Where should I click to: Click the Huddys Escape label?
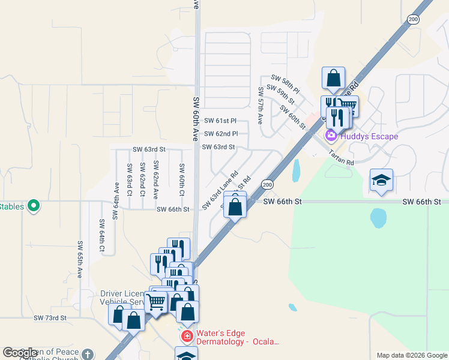coord(369,136)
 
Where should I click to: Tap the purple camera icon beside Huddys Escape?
coord(331,136)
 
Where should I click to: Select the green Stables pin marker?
coord(34,206)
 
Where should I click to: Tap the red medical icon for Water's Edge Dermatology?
coord(187,336)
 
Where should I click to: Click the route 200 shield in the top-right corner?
coord(414,19)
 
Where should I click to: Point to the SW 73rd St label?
coord(49,317)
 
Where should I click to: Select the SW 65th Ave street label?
coord(80,259)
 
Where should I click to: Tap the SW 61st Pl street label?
coord(221,121)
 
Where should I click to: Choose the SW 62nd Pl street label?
coord(221,134)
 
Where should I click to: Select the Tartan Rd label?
coord(342,158)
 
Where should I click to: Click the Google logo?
coord(20,353)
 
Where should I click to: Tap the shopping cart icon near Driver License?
coord(156,302)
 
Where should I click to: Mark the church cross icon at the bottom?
coord(88,355)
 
